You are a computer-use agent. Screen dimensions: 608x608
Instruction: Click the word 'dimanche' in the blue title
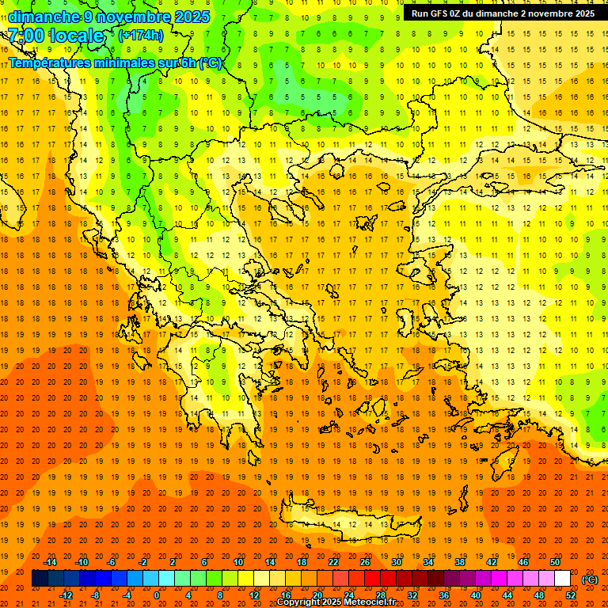pos(44,17)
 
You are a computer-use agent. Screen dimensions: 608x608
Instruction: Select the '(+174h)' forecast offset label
pos(141,36)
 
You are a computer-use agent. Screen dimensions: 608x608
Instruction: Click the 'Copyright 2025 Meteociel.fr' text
pos(336,602)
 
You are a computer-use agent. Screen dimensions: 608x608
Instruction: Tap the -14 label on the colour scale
pos(50,562)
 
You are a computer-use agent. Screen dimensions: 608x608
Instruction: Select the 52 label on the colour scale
pos(571,595)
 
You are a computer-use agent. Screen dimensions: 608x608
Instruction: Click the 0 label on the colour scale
pos(156,595)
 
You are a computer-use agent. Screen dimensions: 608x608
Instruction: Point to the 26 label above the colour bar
pos(365,562)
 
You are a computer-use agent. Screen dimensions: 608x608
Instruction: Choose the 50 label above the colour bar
pos(555,562)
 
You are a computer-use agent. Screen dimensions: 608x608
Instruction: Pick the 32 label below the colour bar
pos(412,595)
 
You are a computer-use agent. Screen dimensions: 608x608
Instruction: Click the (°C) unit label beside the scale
pos(590,579)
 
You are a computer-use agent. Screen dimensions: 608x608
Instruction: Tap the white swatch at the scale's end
pos(563,579)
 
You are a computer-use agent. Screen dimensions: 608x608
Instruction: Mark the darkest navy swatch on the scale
pos(40,579)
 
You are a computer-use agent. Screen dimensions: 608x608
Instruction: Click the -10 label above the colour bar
pos(82,562)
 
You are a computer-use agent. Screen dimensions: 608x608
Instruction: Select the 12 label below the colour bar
pos(254,595)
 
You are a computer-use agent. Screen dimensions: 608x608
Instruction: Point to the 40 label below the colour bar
pos(476,595)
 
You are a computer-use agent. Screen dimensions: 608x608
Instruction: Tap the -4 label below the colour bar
pos(127,595)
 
